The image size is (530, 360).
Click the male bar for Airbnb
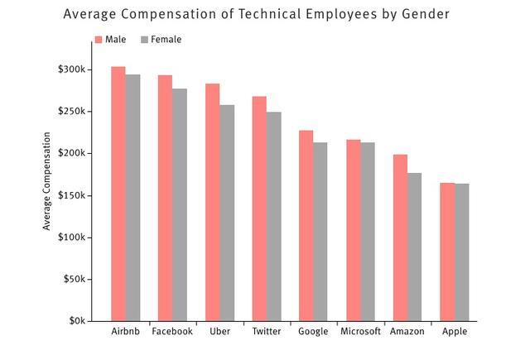click(x=118, y=194)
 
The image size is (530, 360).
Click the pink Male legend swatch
click(x=99, y=39)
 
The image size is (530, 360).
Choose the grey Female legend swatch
click(x=145, y=39)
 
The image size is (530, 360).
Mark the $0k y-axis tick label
click(x=75, y=321)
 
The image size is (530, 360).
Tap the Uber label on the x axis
click(x=219, y=332)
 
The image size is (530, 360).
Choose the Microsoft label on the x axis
click(x=360, y=332)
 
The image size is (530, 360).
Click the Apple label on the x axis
click(x=454, y=332)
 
